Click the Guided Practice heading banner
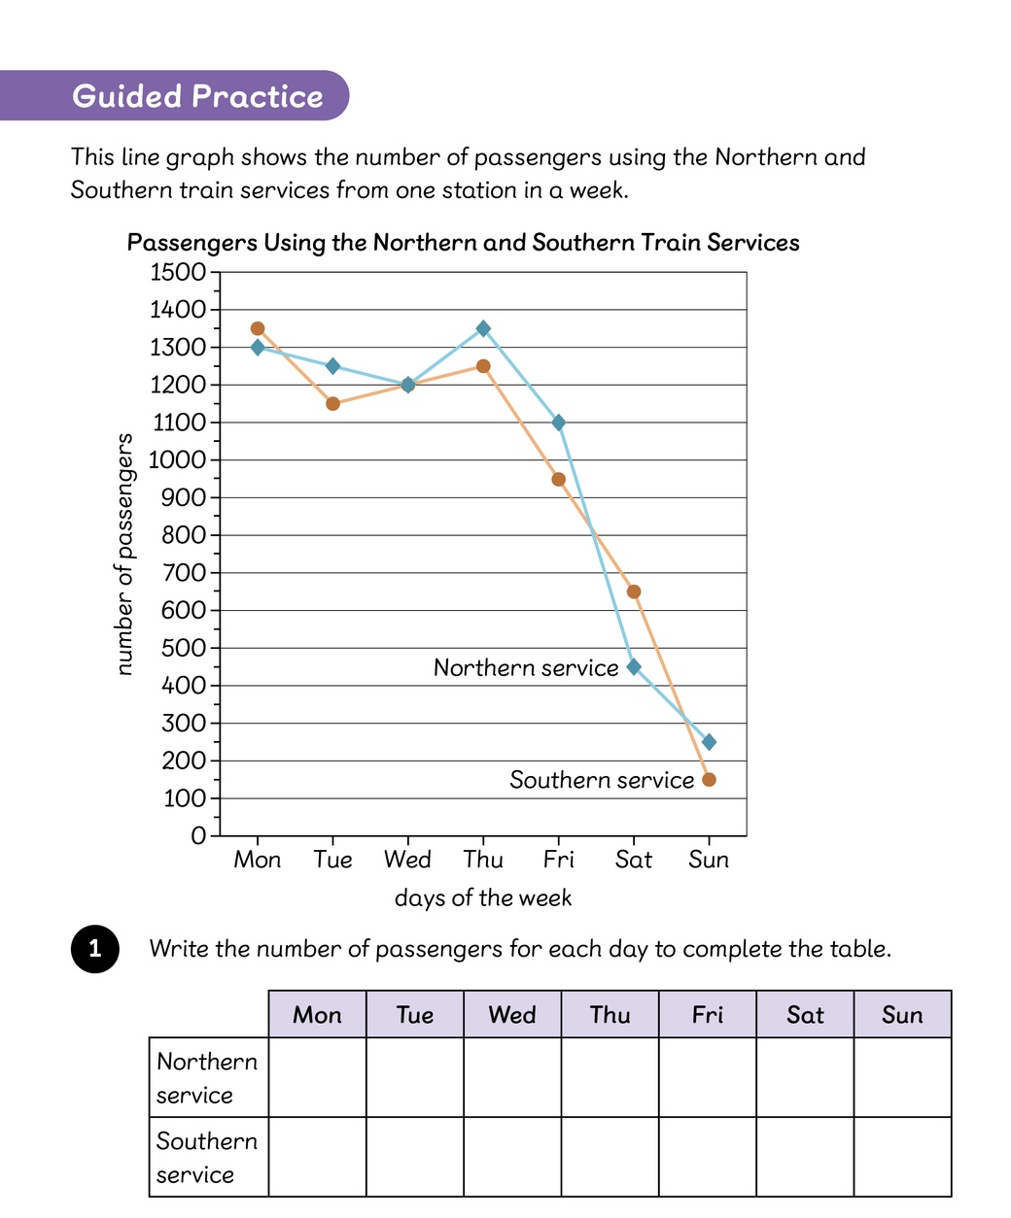175,95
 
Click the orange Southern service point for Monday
258,328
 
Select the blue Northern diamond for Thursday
483,328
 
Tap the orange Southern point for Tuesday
332,404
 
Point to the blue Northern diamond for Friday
559,423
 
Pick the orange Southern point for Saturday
634,592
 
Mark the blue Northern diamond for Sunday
710,742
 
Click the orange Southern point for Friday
559,480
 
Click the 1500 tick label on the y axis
178,272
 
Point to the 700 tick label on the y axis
184,573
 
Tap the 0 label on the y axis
198,836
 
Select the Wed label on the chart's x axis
407,860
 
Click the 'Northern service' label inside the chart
526,667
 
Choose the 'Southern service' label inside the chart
602,780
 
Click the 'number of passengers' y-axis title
123,555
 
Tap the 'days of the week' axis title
483,897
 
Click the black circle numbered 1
95,949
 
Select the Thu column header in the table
610,1014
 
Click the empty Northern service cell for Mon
318,1077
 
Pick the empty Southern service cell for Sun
902,1157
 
